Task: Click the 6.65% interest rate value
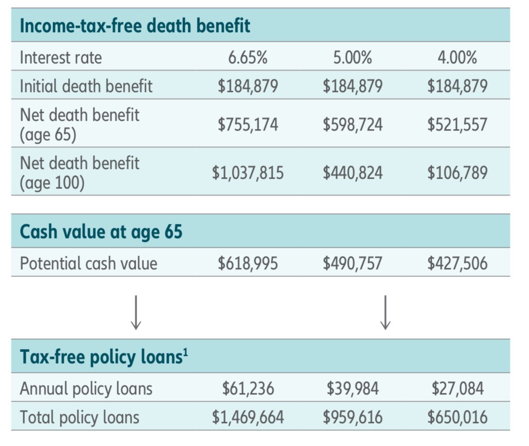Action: [x=248, y=58]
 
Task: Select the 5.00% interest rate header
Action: [x=353, y=58]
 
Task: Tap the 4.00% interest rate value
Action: [x=457, y=58]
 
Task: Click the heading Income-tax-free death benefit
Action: [x=135, y=25]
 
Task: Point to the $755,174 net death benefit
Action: [x=248, y=124]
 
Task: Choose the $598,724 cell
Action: [x=353, y=124]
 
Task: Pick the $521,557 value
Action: [x=457, y=124]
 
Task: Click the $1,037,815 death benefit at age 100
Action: [x=248, y=172]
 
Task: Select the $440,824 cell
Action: [x=353, y=172]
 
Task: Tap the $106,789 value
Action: [x=457, y=172]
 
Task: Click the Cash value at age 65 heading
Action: [x=101, y=231]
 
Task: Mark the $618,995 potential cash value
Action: [x=248, y=263]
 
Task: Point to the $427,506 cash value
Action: [x=457, y=263]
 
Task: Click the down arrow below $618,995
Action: [x=136, y=312]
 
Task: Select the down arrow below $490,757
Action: [x=385, y=312]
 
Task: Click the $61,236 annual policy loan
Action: [x=248, y=389]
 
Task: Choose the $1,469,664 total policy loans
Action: [x=248, y=417]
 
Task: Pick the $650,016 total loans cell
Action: [x=457, y=417]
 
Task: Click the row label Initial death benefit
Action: [x=86, y=86]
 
